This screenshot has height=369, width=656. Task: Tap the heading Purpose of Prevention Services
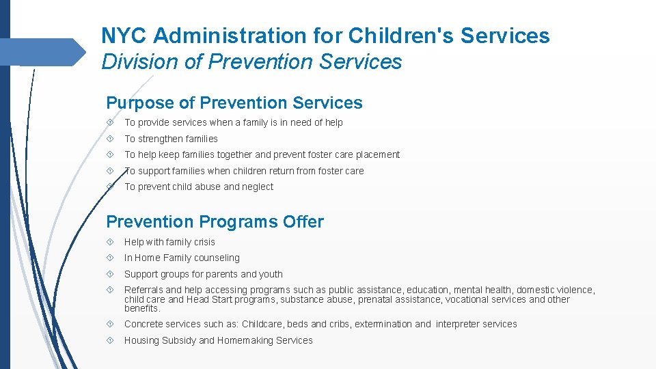point(234,103)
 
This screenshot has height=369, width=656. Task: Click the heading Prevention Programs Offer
point(215,222)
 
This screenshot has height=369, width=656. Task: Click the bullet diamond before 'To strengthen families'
point(110,139)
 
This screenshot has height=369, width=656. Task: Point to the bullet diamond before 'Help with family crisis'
point(110,242)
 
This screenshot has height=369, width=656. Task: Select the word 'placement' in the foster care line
point(379,155)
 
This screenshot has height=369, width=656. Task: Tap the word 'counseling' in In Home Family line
point(217,258)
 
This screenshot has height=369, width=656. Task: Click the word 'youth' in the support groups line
point(271,274)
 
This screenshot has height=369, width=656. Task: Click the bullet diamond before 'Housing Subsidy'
point(110,340)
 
